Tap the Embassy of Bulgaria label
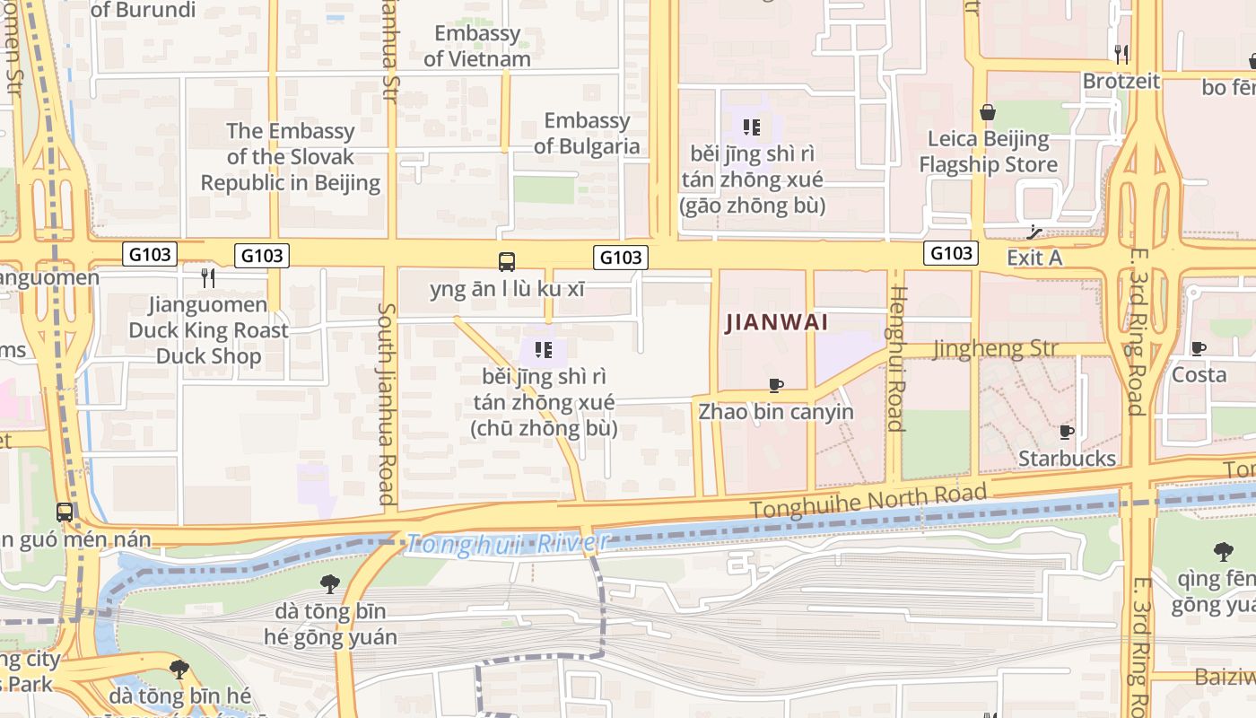[587, 133]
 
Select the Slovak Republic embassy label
[290, 157]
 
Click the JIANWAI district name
[776, 321]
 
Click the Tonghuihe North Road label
[868, 500]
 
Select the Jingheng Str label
[996, 348]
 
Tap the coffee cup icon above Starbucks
[1066, 433]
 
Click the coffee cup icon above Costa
[1198, 348]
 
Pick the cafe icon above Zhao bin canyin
[776, 386]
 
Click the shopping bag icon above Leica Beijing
[988, 112]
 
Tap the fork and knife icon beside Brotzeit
[1121, 54]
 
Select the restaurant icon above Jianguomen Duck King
[208, 277]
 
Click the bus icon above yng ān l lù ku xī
[507, 262]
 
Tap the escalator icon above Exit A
[1034, 232]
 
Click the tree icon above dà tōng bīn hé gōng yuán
[329, 584]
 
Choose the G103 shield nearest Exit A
[951, 253]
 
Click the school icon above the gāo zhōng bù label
[752, 127]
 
